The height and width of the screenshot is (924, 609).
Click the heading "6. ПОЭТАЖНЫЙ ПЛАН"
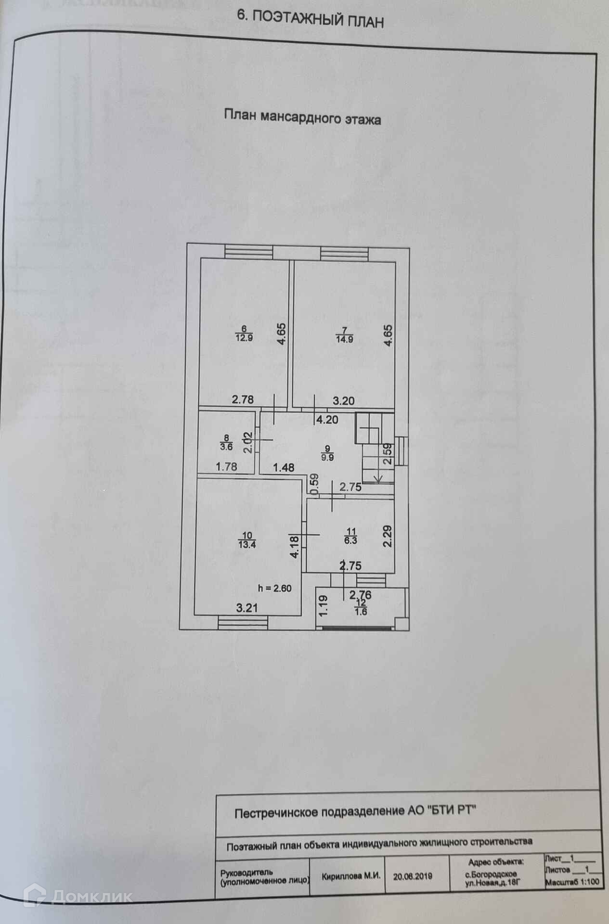click(x=311, y=19)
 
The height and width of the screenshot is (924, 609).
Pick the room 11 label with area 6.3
click(x=350, y=536)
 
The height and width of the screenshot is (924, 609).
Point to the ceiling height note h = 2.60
click(x=275, y=588)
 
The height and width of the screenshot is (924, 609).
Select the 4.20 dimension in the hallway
click(x=327, y=420)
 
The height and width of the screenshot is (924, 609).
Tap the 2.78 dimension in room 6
click(x=243, y=399)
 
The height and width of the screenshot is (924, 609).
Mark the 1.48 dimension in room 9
click(x=284, y=467)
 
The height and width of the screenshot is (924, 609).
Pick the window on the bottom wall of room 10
click(x=243, y=623)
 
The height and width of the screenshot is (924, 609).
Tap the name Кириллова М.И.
click(x=351, y=876)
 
